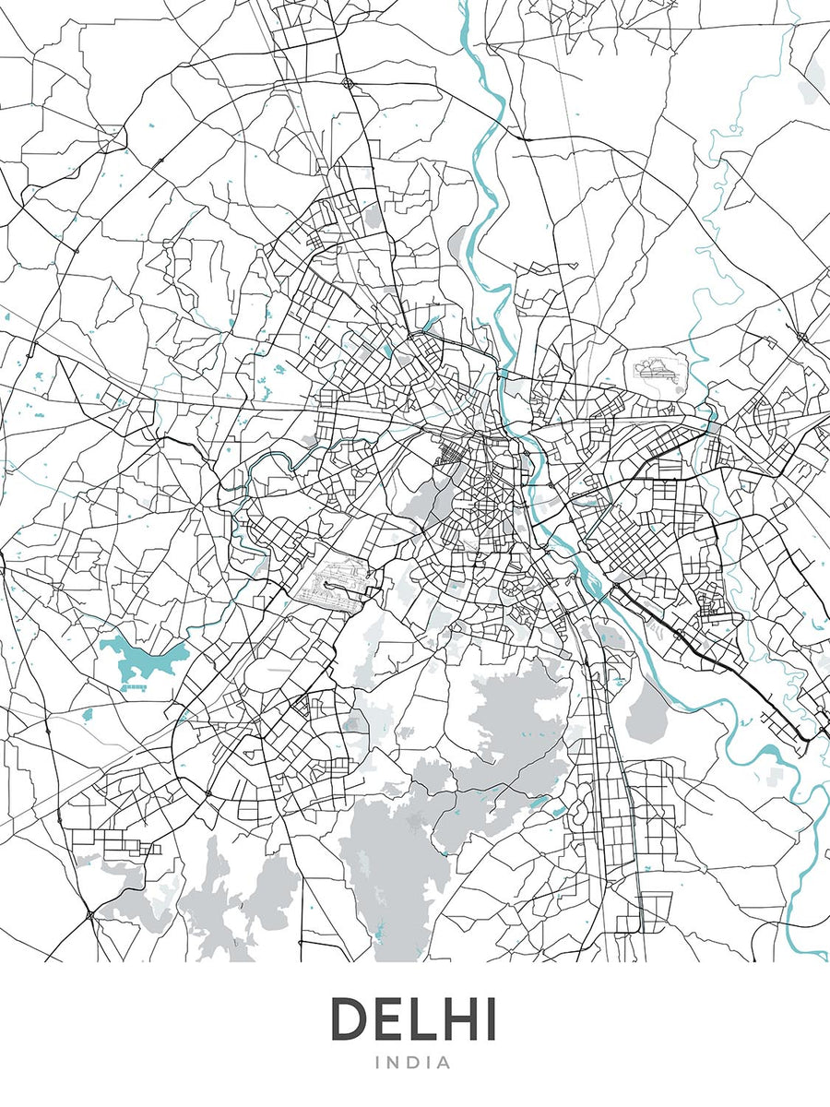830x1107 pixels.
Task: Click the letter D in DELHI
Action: (x=352, y=1019)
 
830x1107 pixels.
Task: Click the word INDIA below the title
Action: (x=414, y=1063)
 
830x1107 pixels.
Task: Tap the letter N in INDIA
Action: (x=395, y=1063)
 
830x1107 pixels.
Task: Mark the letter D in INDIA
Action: (x=413, y=1063)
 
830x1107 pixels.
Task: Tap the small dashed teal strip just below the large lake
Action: (x=135, y=687)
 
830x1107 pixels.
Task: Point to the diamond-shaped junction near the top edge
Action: (x=348, y=83)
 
